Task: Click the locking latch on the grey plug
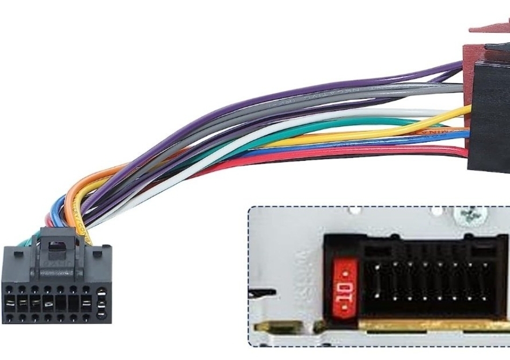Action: coord(53,244)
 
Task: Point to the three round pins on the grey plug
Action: coord(101,304)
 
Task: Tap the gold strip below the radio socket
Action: coord(429,325)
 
